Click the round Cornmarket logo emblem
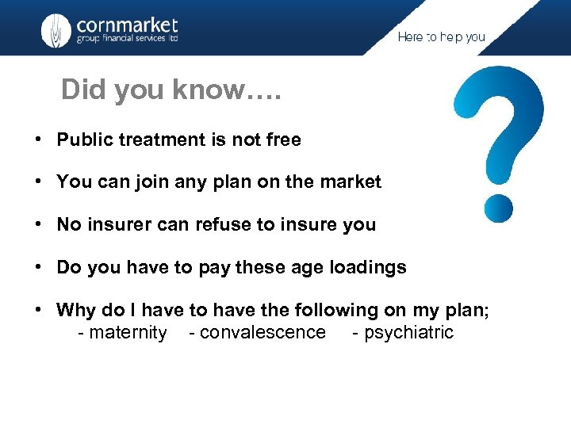tap(56, 30)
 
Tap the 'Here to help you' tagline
tap(441, 37)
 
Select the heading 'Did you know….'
tap(171, 90)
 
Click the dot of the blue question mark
tap(498, 208)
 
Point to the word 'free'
tap(283, 140)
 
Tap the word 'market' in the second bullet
tap(351, 182)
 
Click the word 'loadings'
tap(370, 268)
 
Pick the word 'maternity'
tap(128, 332)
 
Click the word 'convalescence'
tap(263, 332)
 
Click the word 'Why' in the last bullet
tap(75, 311)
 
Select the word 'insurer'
tap(120, 224)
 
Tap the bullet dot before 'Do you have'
tap(38, 268)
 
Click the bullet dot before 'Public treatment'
tap(38, 140)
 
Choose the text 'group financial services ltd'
tap(127, 40)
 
